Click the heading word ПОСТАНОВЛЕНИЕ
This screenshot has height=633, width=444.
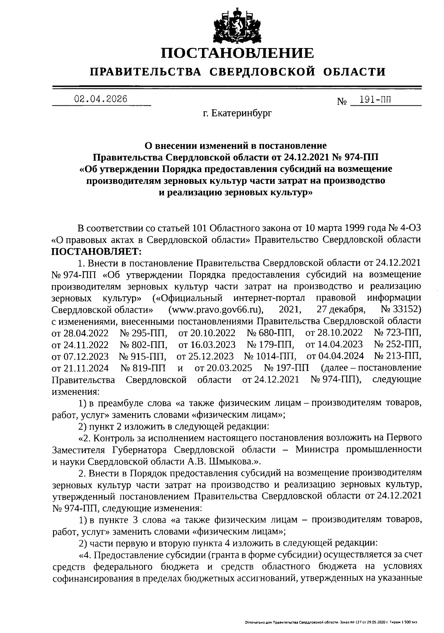coord(237,53)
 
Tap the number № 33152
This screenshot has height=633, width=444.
coord(401,309)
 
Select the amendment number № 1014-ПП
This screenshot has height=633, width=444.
coord(270,356)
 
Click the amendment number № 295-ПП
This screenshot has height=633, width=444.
coord(144,333)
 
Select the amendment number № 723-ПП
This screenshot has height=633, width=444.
coord(398,333)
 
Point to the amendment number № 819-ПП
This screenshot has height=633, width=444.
coord(143,368)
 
